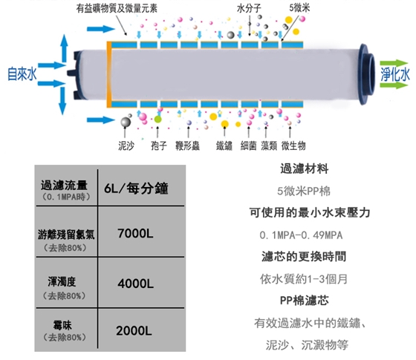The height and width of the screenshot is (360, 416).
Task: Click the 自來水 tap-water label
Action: click(22, 74)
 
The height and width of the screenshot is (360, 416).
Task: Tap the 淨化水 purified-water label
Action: click(395, 74)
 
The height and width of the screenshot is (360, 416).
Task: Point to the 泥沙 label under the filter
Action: click(126, 145)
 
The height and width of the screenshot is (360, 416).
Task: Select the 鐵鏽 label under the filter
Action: click(224, 145)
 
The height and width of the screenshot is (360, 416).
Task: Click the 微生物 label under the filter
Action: click(293, 145)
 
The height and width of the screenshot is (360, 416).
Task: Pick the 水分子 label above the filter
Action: click(249, 8)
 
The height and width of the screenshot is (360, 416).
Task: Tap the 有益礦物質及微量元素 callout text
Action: click(117, 8)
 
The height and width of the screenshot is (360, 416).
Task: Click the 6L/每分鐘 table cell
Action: click(136, 189)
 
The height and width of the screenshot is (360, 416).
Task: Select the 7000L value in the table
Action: click(135, 234)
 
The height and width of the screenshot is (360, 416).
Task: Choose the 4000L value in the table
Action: click(135, 284)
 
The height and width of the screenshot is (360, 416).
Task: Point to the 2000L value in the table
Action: click(134, 330)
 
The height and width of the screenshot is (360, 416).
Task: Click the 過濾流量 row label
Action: click(64, 185)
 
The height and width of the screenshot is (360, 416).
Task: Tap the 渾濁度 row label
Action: click(62, 281)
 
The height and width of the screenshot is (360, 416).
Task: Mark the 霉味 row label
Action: click(62, 325)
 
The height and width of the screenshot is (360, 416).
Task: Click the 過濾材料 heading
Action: click(305, 168)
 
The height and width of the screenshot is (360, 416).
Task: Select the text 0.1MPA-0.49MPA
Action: click(301, 235)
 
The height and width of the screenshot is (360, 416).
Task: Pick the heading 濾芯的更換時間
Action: click(304, 256)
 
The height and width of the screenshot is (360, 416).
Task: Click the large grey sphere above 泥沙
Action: click(126, 122)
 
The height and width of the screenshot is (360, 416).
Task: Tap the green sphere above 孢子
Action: click(157, 120)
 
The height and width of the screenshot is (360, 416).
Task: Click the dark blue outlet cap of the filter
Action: click(367, 74)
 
